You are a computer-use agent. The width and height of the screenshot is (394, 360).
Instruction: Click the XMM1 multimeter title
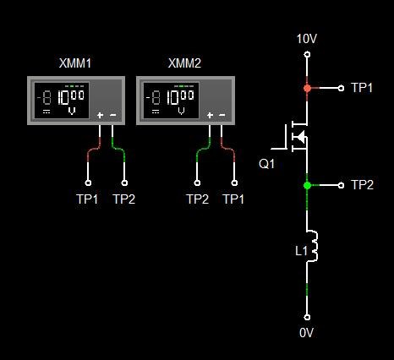pos(75,63)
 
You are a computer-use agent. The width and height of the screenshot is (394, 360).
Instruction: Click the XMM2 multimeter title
pos(184,63)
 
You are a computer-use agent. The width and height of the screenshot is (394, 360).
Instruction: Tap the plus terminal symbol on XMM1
pos(100,115)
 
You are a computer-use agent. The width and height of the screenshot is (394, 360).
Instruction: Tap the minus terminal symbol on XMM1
pos(112,115)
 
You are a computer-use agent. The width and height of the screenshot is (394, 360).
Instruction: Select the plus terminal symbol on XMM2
pos(210,115)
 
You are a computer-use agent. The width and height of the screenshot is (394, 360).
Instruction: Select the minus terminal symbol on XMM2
pos(222,115)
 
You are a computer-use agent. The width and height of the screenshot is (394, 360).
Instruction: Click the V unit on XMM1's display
pos(72,112)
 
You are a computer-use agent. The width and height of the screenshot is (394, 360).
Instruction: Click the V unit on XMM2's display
pos(182,112)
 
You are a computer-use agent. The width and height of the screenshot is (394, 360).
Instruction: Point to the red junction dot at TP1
pos(307,88)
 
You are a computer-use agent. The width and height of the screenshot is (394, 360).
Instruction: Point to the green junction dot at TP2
pos(307,185)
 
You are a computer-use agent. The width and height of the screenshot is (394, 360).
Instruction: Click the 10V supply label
pos(307,39)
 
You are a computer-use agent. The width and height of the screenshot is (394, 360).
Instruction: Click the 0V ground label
pos(306,333)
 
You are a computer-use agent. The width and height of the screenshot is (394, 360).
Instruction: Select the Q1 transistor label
pos(266,164)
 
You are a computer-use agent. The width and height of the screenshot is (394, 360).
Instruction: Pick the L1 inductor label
pos(301,250)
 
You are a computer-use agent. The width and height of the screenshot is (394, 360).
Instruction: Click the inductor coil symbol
pos(312,246)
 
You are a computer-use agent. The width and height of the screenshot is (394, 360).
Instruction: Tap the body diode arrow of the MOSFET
pos(301,137)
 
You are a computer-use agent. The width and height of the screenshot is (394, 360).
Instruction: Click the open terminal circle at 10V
pos(307,54)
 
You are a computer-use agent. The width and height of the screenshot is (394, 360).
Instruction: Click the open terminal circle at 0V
pos(307,317)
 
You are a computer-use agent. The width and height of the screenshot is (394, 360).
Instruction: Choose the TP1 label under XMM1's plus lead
pos(87,199)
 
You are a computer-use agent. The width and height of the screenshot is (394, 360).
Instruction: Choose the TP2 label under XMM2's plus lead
pos(197,199)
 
